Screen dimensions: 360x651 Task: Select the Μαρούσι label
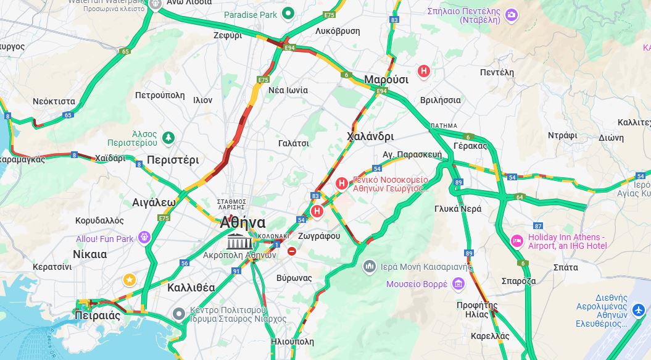coord(386,80)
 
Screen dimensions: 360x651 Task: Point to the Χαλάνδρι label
coord(370,136)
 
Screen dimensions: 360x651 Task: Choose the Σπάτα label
coord(566,267)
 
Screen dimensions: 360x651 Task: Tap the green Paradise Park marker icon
coord(288,14)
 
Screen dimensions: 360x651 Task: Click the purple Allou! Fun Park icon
coord(144,237)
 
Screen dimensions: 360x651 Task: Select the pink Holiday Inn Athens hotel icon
coord(517,240)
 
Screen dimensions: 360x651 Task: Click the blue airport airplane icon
coord(639,308)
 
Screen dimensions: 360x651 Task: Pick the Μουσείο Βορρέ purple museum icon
coord(458,283)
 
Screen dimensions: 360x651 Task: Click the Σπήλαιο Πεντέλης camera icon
coord(511,14)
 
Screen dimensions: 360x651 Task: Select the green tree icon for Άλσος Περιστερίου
coord(168,136)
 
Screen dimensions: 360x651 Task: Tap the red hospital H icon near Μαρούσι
coord(423,71)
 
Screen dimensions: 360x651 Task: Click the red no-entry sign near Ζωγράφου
coord(292,251)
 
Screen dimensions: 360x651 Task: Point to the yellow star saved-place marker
coord(129,280)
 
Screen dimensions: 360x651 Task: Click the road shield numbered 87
coord(538,225)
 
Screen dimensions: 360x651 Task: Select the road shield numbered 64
coord(520,198)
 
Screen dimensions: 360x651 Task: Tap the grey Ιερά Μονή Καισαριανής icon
coord(370,266)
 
